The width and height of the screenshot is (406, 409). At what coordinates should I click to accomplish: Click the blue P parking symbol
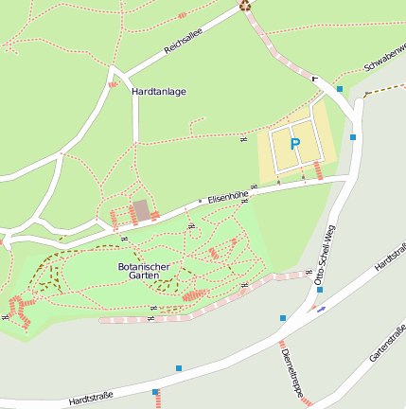point(294,144)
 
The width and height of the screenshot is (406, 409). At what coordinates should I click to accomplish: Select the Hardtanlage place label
point(159,92)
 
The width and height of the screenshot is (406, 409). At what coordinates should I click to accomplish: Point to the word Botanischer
point(145,267)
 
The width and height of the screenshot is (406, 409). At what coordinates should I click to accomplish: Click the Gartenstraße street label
point(387,343)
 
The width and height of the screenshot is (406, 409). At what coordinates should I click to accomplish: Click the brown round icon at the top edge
point(245,5)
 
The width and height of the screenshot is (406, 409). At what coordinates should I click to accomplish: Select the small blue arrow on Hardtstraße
point(322,308)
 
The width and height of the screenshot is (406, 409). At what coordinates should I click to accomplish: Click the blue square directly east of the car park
point(353,137)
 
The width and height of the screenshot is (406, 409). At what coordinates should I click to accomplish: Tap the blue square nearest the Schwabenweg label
point(340,88)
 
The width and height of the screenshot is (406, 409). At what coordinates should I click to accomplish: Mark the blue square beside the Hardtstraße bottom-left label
point(155,391)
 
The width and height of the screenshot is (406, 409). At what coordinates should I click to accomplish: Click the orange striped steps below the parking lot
point(317,171)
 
